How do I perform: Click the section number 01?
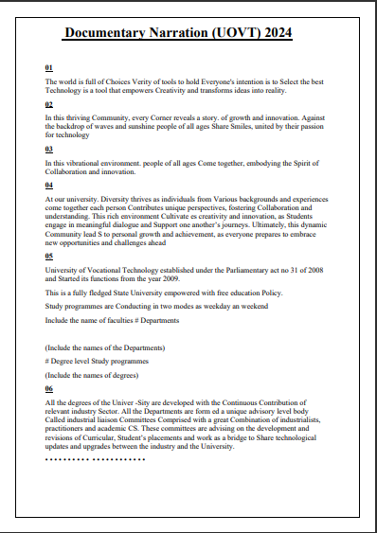click(x=49, y=68)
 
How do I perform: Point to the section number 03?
click(x=49, y=150)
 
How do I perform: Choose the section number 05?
click(x=49, y=256)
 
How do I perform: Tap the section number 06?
click(x=49, y=389)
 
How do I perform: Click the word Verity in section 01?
click(x=125, y=82)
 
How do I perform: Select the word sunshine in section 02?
click(x=134, y=125)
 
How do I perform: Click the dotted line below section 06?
click(x=95, y=459)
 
